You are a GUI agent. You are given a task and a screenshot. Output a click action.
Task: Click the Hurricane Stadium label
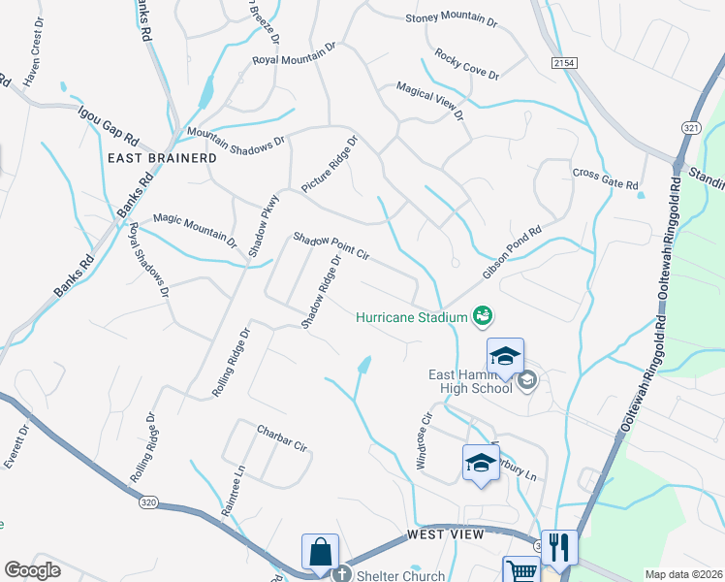pyautogui.click(x=411, y=316)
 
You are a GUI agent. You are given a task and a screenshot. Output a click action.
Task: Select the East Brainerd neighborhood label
pyautogui.click(x=154, y=157)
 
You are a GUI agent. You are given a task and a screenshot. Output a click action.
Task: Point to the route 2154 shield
pyautogui.click(x=564, y=62)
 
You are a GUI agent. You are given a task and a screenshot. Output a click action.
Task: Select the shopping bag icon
pyautogui.click(x=320, y=553)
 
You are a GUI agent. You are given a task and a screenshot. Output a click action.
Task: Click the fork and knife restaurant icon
pyautogui.click(x=559, y=547)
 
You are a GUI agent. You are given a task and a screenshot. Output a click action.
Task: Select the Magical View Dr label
pyautogui.click(x=429, y=101)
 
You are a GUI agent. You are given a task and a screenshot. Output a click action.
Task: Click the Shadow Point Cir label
pyautogui.click(x=331, y=248)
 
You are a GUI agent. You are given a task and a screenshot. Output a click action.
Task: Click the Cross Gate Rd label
pyautogui.click(x=605, y=178)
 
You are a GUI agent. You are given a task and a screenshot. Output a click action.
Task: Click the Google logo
pyautogui.click(x=33, y=570)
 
